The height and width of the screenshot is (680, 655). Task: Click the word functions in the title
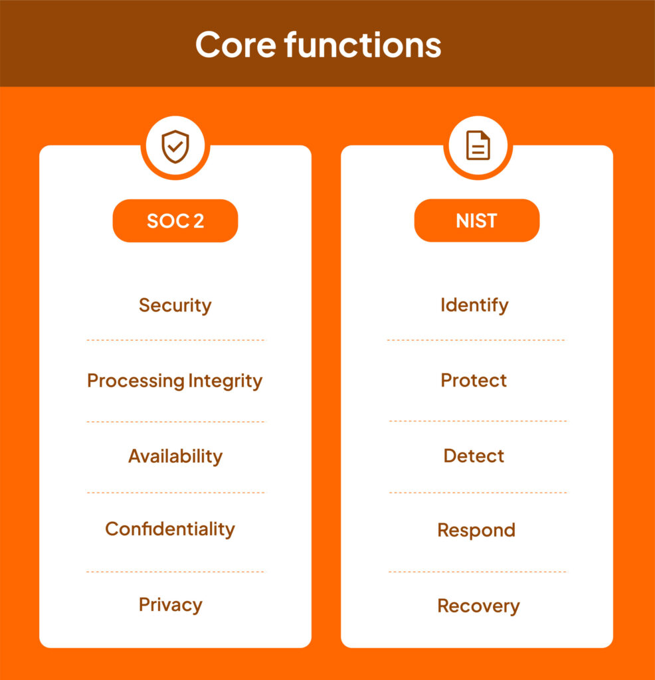363,44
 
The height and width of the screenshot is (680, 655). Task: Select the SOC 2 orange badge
175,220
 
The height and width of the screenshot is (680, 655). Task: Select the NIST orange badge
477,220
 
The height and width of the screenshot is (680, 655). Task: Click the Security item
175,305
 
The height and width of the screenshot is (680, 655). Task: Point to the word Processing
136,381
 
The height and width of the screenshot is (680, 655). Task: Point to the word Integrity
225,381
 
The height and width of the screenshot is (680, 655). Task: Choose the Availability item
175,456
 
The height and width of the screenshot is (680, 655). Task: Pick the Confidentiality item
170,529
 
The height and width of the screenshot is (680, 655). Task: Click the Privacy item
171,605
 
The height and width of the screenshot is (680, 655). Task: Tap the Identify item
474,305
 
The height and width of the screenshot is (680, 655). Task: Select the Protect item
474,381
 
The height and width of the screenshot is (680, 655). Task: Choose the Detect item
474,456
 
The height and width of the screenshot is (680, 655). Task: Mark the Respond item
476,531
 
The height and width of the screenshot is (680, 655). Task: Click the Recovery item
478,606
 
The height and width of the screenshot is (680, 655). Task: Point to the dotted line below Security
175,340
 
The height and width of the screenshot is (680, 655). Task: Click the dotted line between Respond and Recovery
478,571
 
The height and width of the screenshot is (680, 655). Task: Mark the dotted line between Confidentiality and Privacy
175,571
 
